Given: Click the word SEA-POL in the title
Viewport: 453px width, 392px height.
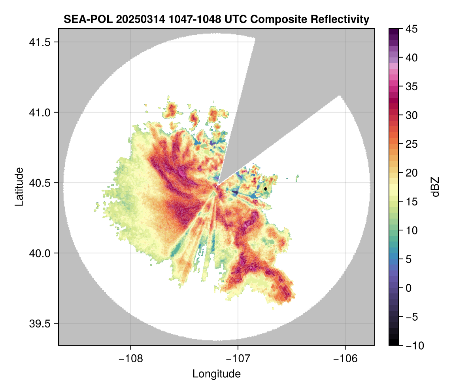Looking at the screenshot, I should point(82,19).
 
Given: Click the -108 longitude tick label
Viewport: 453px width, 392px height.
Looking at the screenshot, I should point(130,358).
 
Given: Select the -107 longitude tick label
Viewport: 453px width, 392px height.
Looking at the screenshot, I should point(238,358).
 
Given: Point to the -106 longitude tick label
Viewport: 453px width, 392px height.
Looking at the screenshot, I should point(345,358).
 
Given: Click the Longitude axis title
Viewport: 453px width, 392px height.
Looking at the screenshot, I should point(217,374).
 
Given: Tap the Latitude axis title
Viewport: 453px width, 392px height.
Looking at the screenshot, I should point(19,186).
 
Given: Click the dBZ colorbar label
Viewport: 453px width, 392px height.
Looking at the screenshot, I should point(435,186).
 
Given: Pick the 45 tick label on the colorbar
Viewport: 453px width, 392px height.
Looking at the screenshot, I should point(411,29).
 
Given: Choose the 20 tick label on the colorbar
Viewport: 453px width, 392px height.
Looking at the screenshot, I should point(411,173).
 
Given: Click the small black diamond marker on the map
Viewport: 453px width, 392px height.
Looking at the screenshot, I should point(266,189).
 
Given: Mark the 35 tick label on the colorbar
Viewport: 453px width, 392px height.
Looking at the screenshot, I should point(411,87).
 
